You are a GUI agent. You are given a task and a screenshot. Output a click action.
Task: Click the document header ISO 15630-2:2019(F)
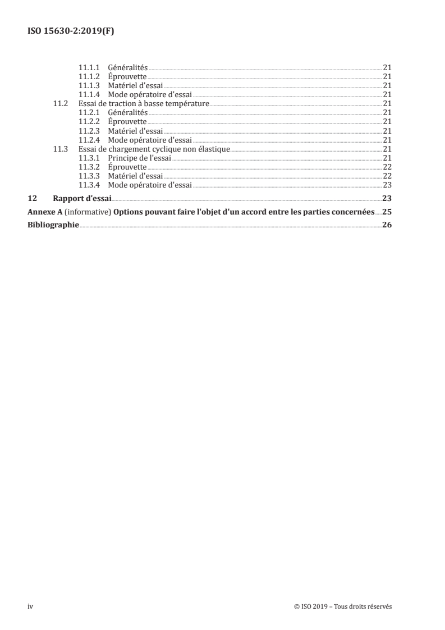pyautogui.click(x=71, y=32)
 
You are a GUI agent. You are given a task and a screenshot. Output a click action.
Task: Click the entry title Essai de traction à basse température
pyautogui.click(x=144, y=104)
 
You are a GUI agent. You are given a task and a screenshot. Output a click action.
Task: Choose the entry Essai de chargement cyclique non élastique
pyautogui.click(x=155, y=149)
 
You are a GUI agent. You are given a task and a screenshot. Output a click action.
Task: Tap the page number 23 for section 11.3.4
pyautogui.click(x=387, y=185)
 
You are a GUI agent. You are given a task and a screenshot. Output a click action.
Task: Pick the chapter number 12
pyautogui.click(x=33, y=198)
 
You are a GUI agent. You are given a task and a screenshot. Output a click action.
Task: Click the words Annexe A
pyautogui.click(x=45, y=212)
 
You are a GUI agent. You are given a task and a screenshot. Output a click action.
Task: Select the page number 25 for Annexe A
pyautogui.click(x=387, y=212)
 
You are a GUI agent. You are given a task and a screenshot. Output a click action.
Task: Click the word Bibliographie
pyautogui.click(x=53, y=226)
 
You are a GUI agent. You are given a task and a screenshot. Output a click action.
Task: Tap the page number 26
pyautogui.click(x=387, y=226)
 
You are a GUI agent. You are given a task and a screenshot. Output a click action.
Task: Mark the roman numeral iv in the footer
pyautogui.click(x=30, y=606)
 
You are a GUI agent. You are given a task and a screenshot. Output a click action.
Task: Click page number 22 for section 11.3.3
pyautogui.click(x=387, y=176)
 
